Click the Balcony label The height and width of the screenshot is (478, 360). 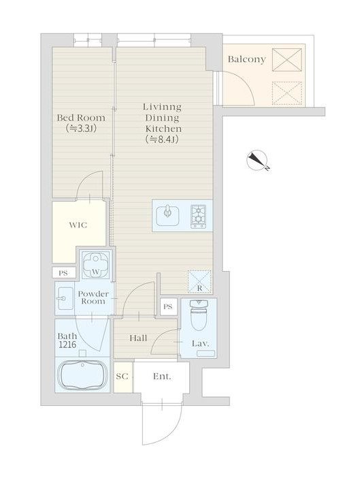coord(247,59)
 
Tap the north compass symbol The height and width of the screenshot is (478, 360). coord(257,161)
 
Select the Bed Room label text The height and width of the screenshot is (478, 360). coord(81,118)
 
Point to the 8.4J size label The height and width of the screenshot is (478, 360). coord(162,140)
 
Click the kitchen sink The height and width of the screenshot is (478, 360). coord(167,216)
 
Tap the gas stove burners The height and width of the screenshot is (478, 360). coord(198,216)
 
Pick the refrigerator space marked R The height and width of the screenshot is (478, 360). coord(199,282)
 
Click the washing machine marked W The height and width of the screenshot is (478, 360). coord(96,264)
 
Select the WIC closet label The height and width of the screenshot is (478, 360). coord(78,225)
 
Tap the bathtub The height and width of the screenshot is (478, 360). coord(82,375)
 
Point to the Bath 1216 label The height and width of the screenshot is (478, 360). coord(67,340)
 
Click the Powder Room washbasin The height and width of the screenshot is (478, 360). coord(65,298)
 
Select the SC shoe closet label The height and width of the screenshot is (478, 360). coord(122,377)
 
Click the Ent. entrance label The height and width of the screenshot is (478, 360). coord(162,377)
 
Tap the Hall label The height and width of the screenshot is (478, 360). coord(138,338)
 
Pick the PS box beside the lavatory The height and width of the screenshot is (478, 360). coord(168,306)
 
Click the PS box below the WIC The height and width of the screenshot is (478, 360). coord(63,273)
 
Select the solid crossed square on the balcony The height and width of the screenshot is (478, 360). coord(287,60)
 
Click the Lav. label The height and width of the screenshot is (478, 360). coord(200,344)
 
